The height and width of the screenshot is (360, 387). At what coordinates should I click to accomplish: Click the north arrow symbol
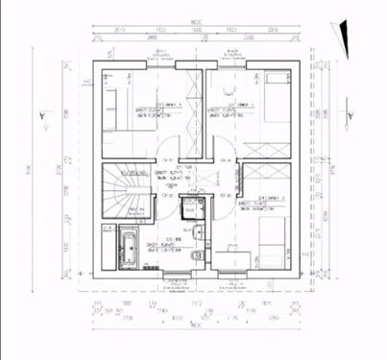pos(337,36)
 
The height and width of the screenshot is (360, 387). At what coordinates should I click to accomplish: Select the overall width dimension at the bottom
pos(195,326)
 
